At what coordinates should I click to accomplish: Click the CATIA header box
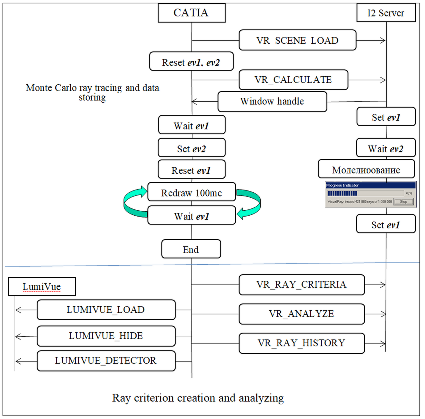coord(192,13)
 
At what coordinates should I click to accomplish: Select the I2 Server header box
coord(386,13)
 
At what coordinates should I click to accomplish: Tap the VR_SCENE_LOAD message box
coord(297,40)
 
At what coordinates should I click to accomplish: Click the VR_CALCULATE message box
coord(294,80)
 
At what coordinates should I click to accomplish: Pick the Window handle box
coord(272,101)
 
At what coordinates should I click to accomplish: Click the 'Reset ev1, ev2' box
coord(191,61)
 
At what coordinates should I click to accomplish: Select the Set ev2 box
coord(192,148)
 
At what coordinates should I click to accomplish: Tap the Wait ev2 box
coord(386,148)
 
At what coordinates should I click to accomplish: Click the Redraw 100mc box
coord(192,192)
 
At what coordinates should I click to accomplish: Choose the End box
coord(191,249)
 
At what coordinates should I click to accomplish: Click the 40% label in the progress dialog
coord(409,193)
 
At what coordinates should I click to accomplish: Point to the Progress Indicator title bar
coord(371,185)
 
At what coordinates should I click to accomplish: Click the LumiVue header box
coord(42,287)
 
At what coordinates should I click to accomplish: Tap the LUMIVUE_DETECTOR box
coord(106,361)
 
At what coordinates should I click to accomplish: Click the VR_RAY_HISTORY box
coord(302,343)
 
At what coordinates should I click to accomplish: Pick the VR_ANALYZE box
coord(302,314)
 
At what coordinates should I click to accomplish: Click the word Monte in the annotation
coord(39,88)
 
